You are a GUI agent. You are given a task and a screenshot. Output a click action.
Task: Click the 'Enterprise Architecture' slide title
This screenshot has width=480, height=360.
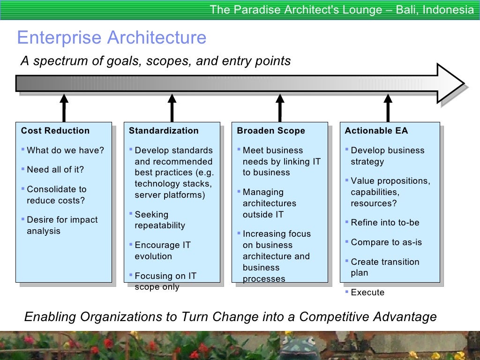pyautogui.click(x=112, y=37)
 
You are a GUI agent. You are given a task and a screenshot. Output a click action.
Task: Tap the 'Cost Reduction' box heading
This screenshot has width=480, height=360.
pyautogui.click(x=55, y=131)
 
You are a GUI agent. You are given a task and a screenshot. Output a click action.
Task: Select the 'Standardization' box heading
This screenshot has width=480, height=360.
pyautogui.click(x=164, y=131)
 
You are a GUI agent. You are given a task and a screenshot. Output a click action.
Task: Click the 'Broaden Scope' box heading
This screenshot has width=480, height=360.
pyautogui.click(x=271, y=131)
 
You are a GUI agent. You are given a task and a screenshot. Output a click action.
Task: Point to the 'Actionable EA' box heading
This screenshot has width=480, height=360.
pyautogui.click(x=376, y=131)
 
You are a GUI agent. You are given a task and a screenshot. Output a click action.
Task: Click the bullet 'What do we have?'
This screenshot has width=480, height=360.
pyautogui.click(x=65, y=150)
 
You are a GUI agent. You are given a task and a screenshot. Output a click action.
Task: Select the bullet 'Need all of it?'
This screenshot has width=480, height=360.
pyautogui.click(x=55, y=170)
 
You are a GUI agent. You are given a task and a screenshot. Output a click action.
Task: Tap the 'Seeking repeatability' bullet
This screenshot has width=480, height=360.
pyautogui.click(x=159, y=220)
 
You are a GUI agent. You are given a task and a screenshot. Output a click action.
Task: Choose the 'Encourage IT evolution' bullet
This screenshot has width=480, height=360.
pyautogui.click(x=162, y=250)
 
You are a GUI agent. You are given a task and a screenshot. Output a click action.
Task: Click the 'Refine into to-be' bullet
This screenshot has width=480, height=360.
pyautogui.click(x=385, y=223)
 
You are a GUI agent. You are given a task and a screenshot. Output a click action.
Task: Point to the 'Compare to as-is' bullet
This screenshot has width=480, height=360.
pyautogui.click(x=386, y=242)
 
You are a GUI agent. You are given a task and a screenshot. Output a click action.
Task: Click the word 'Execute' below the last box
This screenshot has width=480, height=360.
pyautogui.click(x=367, y=292)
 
